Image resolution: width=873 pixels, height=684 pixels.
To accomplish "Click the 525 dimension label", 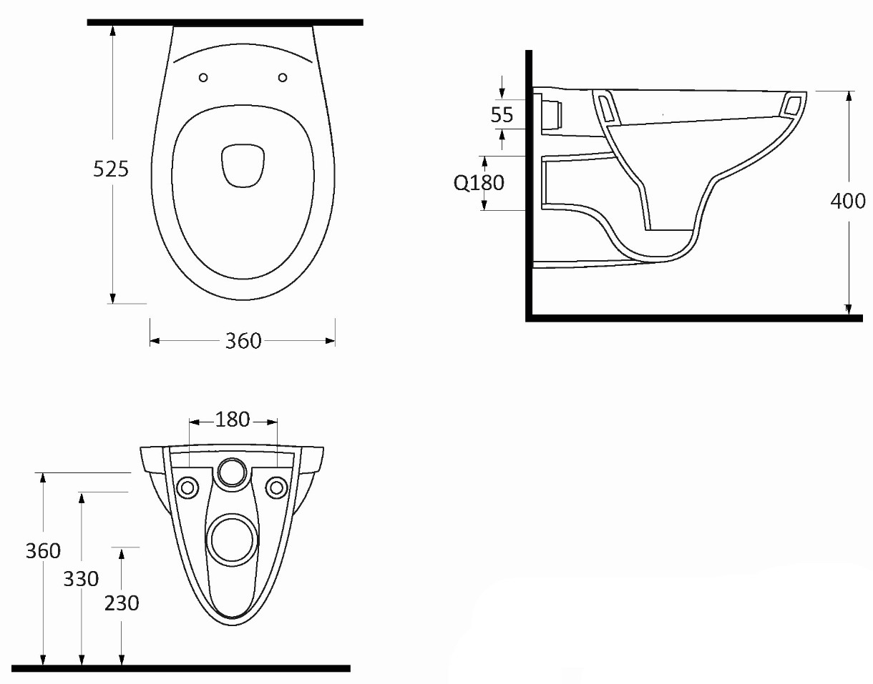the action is tap(111, 169).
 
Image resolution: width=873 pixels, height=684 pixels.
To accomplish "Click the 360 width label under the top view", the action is tap(243, 342).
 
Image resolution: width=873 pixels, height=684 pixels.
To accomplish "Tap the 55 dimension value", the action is tap(502, 115).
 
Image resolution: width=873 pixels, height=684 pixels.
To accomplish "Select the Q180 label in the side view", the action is tap(479, 184).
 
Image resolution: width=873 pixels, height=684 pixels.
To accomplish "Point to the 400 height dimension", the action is tap(848, 201).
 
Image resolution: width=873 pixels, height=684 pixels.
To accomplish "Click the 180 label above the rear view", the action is tap(233, 420).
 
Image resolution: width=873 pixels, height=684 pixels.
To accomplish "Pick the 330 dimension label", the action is tap(81, 579).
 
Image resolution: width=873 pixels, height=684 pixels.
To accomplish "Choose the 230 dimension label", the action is tap(122, 603).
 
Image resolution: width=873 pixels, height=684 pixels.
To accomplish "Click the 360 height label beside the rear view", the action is tap(44, 551).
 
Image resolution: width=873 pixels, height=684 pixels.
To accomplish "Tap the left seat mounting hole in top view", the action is tap(203, 77).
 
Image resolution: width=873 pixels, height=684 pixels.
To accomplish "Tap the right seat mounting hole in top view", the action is tap(283, 77).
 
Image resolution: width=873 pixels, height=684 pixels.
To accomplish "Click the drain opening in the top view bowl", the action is tap(243, 165).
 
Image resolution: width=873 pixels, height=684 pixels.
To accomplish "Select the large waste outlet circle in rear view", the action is tap(232, 542).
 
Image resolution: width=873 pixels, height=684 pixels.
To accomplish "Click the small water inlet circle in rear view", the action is tap(232, 472).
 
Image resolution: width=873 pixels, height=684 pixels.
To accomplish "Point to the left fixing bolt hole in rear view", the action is tap(187, 488).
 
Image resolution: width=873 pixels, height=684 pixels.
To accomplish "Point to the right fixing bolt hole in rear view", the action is tap(276, 488).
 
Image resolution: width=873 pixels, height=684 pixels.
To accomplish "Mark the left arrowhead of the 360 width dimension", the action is tap(155, 341).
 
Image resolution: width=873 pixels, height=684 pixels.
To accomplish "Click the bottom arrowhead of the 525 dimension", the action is tap(113, 299).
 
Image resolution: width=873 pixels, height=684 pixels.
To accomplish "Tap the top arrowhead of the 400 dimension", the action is tap(849, 96).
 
